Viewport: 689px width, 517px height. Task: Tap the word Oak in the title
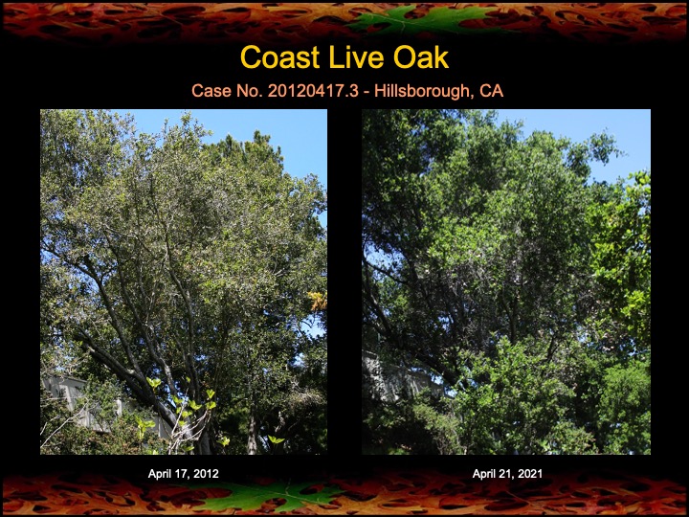pos(421,57)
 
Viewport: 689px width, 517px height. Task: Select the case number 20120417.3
pos(313,91)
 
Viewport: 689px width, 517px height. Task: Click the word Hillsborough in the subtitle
pos(422,91)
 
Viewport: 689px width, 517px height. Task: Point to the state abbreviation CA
pos(491,91)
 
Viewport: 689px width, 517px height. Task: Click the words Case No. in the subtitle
pos(227,91)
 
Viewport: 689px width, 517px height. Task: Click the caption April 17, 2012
pos(183,474)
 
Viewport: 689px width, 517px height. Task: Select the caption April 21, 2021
pos(507,474)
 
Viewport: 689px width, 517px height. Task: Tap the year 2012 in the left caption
pos(206,474)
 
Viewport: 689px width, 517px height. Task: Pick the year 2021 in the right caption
pos(530,474)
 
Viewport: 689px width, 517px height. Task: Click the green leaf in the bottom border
pos(268,496)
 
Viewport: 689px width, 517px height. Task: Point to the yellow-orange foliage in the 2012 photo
pos(318,301)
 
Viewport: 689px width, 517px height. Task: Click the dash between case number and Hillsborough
pos(367,92)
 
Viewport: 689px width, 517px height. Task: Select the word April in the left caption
pos(159,474)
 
